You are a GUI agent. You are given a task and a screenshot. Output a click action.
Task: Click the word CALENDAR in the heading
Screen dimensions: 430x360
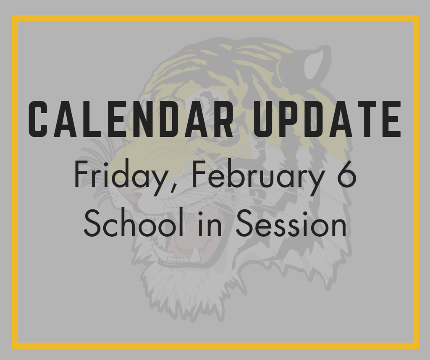131,119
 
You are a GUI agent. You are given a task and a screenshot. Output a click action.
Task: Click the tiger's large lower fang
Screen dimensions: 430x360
195,254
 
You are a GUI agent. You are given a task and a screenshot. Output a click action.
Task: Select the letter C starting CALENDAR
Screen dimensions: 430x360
39,119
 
